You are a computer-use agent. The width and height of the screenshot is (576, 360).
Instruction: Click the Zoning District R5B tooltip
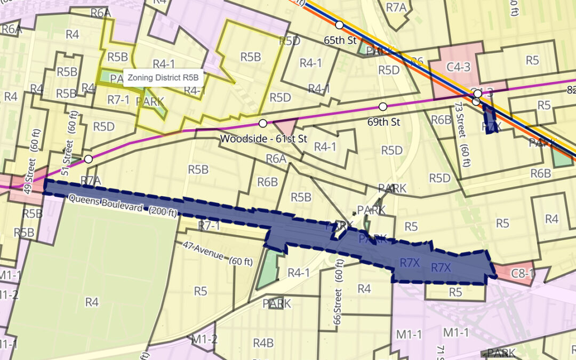click(x=163, y=77)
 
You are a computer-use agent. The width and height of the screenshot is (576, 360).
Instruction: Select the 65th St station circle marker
click(x=339, y=25)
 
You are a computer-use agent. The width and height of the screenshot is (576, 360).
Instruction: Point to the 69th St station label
click(x=383, y=122)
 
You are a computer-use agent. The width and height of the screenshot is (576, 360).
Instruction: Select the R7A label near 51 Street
click(x=91, y=180)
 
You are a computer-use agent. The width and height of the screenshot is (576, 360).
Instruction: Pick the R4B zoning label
click(x=263, y=343)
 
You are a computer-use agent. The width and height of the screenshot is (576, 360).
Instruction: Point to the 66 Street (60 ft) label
click(x=338, y=286)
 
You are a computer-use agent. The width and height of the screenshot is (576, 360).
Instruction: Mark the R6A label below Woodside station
click(x=276, y=158)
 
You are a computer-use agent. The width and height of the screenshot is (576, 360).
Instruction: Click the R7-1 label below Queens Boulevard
click(x=209, y=226)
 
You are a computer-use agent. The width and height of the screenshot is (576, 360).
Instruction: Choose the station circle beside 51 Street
click(x=89, y=159)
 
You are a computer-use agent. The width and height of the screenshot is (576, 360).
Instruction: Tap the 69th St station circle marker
click(x=382, y=106)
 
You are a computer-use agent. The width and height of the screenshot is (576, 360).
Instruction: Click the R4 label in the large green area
click(x=92, y=302)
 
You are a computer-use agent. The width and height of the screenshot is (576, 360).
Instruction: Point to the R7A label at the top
click(x=396, y=7)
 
